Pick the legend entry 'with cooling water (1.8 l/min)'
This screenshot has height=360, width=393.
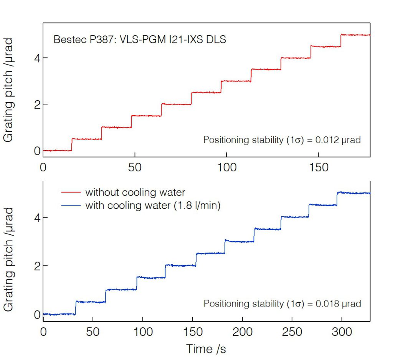153,205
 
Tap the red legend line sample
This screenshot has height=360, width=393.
71,192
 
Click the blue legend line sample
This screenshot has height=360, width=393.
71,206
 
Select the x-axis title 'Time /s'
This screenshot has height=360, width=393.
206,349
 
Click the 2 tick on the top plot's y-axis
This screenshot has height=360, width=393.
37,105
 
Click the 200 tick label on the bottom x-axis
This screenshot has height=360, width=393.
242,332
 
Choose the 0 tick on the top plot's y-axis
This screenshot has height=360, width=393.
37,151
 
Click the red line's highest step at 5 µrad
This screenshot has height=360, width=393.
355,35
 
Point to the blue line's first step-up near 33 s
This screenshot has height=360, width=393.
76,307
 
